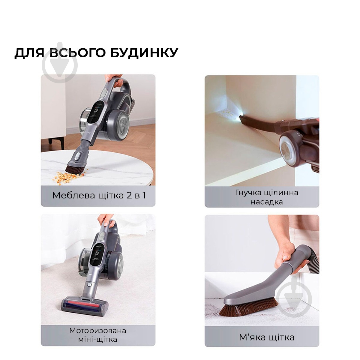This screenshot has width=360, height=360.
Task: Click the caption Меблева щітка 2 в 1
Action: [x=99, y=195]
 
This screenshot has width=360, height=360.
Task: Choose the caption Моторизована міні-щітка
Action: [x=98, y=335]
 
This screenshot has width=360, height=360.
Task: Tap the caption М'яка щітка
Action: [x=266, y=337]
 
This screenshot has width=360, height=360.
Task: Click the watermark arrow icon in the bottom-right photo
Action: [x=294, y=297]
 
